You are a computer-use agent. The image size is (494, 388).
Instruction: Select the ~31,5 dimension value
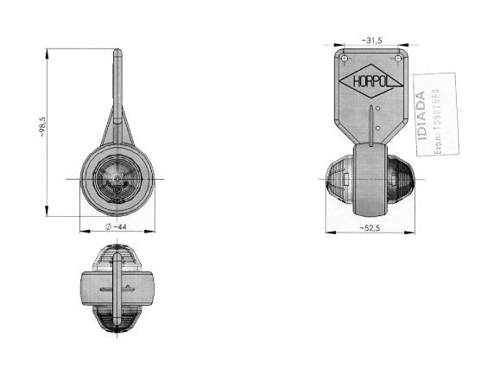point(372,41)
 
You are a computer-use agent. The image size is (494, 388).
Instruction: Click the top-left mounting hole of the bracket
point(345,58)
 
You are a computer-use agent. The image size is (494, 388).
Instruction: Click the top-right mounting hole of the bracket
point(400,58)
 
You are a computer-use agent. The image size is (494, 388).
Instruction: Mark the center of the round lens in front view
point(117,178)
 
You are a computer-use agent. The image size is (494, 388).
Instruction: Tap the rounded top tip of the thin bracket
point(117,51)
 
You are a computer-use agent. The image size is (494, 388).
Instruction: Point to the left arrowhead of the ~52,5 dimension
point(329,232)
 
